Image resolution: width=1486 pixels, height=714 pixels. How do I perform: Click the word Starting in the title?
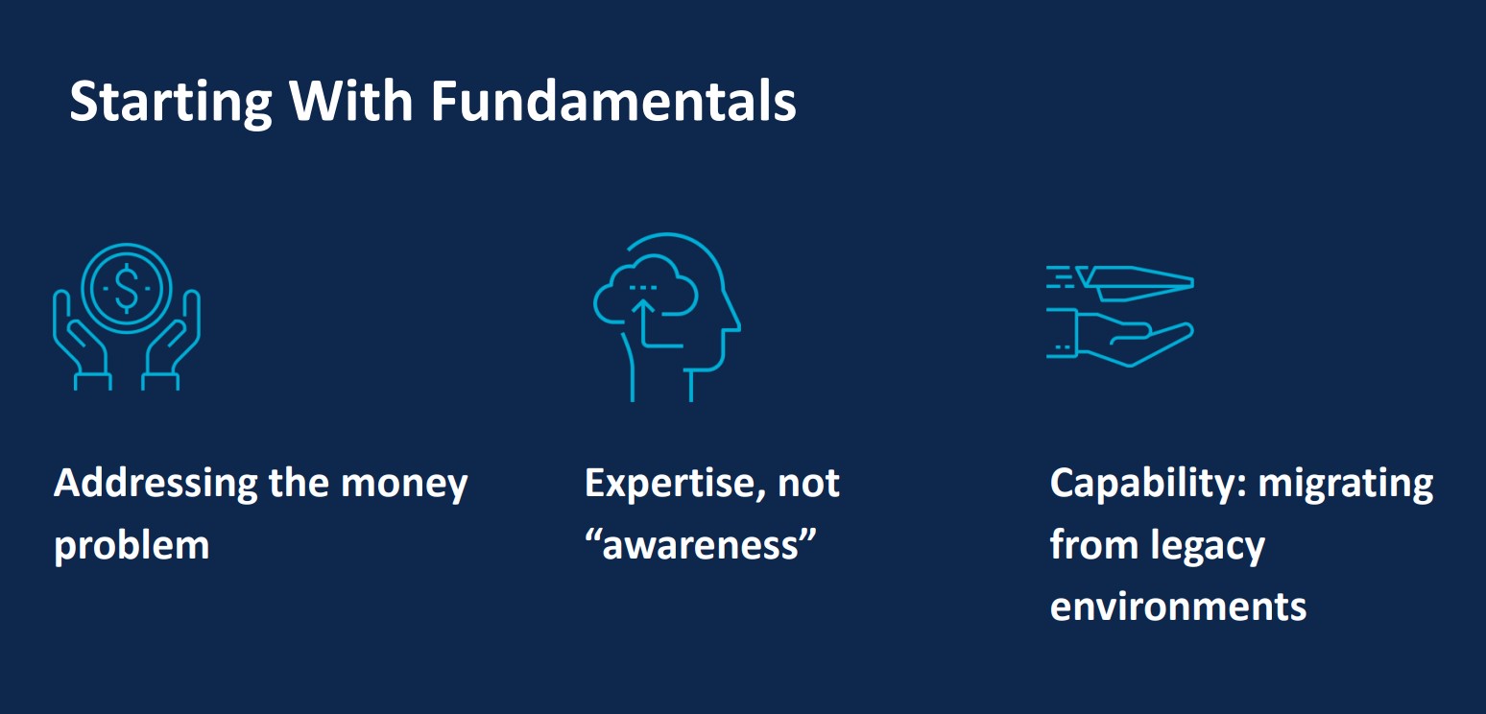(x=171, y=102)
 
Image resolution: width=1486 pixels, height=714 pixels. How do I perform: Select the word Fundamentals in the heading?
(x=613, y=101)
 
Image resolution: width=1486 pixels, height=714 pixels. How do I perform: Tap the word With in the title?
(x=351, y=101)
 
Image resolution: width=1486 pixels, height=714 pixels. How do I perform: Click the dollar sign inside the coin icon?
(x=127, y=289)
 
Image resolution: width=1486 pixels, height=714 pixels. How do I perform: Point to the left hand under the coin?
(x=81, y=339)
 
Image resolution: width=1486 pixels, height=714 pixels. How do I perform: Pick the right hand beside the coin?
(x=171, y=339)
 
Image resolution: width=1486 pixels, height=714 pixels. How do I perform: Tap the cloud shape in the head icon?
(x=645, y=290)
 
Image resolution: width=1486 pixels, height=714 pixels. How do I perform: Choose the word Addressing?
(x=156, y=484)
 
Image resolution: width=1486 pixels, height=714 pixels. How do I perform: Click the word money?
(x=404, y=485)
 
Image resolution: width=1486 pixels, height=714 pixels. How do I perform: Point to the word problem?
(x=132, y=546)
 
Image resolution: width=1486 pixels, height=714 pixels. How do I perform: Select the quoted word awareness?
(x=701, y=545)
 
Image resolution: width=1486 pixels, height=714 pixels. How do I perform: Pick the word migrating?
(x=1346, y=484)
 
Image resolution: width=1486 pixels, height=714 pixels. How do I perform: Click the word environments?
(x=1178, y=607)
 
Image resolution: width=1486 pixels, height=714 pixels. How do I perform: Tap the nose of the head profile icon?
(x=735, y=321)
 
